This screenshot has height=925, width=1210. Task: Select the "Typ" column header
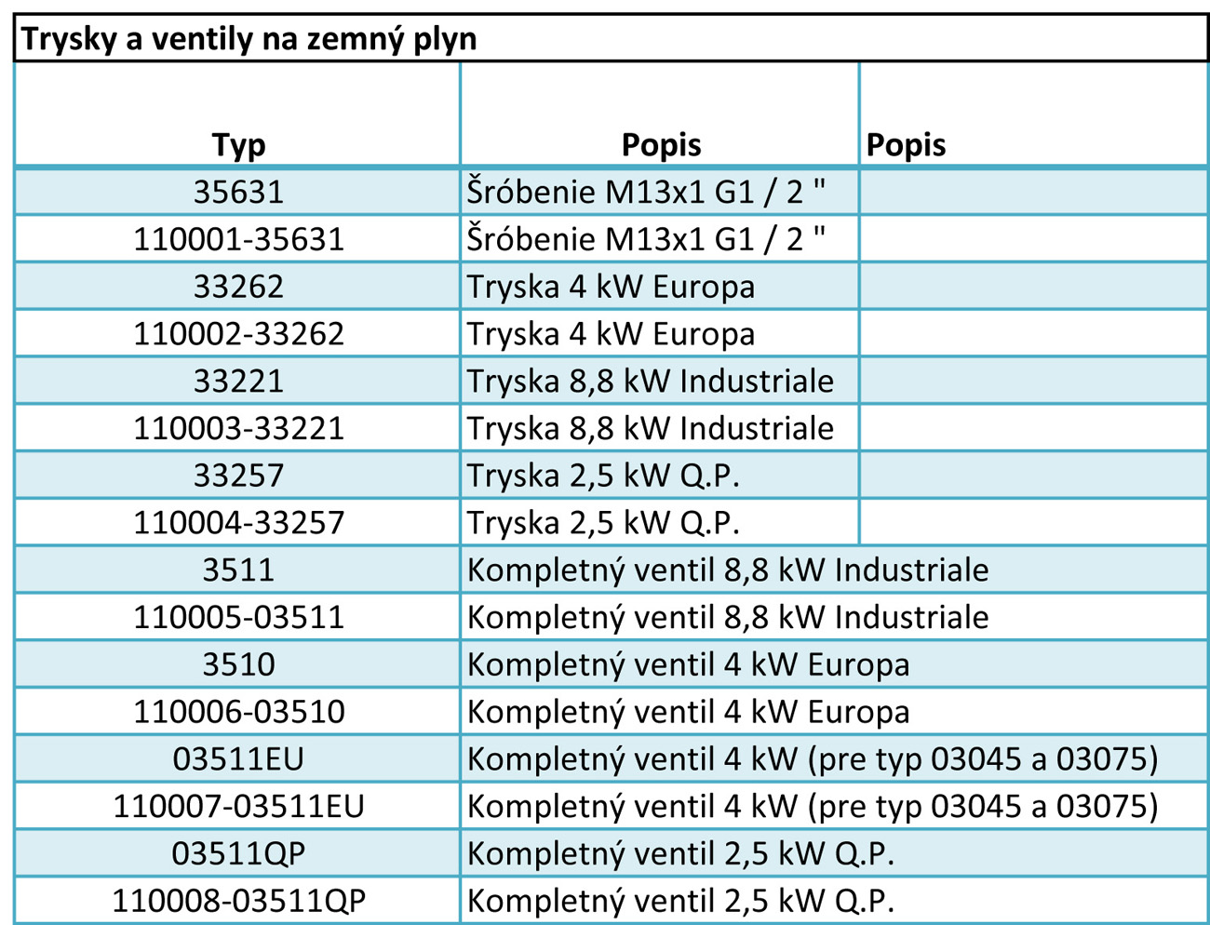[238, 145]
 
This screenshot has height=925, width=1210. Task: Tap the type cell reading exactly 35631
[238, 192]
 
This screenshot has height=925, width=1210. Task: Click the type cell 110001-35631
[238, 239]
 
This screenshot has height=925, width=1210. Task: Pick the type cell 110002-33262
[238, 333]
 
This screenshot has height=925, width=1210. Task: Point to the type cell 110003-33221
[238, 428]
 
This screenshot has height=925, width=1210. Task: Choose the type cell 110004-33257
[238, 522]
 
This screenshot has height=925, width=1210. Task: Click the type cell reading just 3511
[238, 570]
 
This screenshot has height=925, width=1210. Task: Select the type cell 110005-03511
[238, 617]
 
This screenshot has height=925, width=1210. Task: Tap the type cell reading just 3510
[238, 664]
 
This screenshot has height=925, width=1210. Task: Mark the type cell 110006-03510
[238, 712]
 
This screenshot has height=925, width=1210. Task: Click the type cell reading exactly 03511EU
[238, 759]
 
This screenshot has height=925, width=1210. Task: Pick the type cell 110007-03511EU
[238, 806]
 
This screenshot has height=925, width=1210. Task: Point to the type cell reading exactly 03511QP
[238, 853]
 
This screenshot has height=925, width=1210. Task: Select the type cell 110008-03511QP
[238, 901]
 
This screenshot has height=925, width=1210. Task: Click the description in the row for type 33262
[611, 287]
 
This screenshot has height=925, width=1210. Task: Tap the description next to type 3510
[688, 664]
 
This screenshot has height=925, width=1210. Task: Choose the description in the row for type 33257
[603, 476]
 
